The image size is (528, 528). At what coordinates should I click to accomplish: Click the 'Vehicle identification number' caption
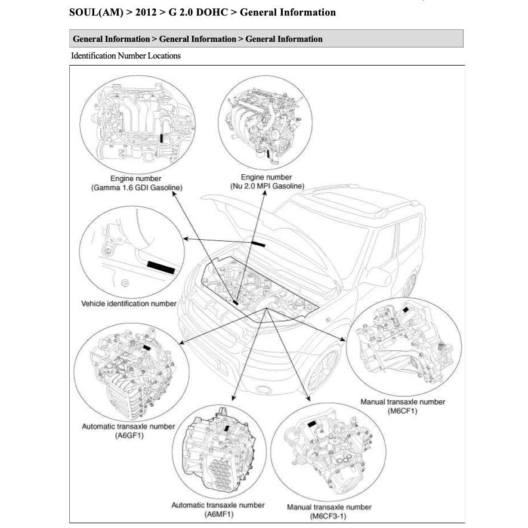(128, 304)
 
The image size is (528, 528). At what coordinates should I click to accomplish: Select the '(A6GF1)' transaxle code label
(129, 436)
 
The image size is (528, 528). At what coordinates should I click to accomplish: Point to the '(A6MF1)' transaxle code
(218, 514)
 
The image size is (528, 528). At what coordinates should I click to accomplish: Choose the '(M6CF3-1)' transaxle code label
(329, 515)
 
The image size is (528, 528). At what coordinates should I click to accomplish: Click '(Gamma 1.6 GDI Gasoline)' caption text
(137, 187)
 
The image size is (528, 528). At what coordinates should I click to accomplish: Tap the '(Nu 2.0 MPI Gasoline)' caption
(266, 186)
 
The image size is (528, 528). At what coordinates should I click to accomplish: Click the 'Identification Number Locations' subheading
(125, 56)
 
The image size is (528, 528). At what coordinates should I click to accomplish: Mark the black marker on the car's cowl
(259, 244)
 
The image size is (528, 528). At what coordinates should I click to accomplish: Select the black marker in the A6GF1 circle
(147, 347)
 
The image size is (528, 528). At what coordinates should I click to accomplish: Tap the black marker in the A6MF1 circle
(226, 428)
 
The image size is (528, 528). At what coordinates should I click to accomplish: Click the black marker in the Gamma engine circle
(162, 138)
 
